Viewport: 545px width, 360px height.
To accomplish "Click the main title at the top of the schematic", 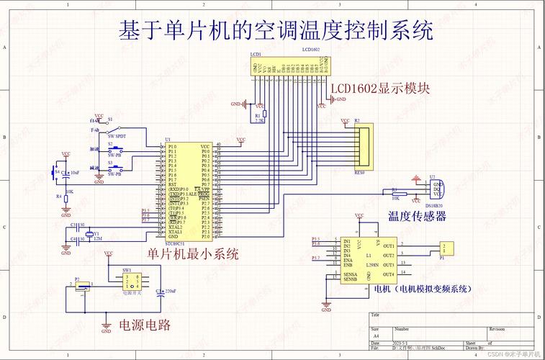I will click(276, 30).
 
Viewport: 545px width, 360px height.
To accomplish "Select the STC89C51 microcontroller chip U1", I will click(188, 191).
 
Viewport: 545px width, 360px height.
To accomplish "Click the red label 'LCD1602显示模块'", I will click(380, 89).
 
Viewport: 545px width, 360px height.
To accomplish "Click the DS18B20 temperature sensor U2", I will click(435, 189).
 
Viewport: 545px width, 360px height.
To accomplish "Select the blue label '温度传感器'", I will click(417, 216).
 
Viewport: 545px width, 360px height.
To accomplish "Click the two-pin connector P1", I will click(446, 248).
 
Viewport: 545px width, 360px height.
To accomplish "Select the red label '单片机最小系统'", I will click(192, 253).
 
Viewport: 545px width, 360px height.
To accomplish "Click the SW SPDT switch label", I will click(116, 136).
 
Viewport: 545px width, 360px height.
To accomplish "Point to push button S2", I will click(115, 150).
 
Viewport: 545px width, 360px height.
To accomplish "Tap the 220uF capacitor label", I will click(171, 290).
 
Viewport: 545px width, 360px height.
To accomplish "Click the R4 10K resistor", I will click(66, 196).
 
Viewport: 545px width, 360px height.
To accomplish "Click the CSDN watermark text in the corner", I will click(513, 354).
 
